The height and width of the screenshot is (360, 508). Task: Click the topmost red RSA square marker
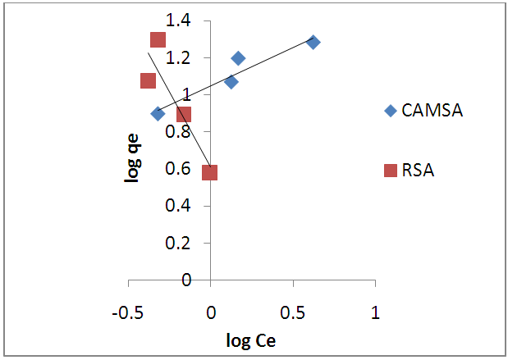tap(158, 39)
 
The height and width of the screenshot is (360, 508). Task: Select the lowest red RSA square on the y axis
tap(209, 172)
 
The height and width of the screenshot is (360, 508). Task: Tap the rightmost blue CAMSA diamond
tap(313, 42)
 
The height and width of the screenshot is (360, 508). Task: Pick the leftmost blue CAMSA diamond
tap(158, 113)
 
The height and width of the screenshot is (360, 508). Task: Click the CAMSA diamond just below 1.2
tap(238, 58)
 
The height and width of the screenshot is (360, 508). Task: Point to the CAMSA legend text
tap(432, 111)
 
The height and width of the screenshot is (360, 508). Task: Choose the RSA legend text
tap(418, 171)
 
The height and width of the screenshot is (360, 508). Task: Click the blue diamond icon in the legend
tap(391, 111)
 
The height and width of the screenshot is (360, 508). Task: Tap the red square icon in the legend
tap(391, 171)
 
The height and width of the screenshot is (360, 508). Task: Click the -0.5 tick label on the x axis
tap(129, 313)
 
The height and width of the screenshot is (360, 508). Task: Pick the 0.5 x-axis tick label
tap(293, 313)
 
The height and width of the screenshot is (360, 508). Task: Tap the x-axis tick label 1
tap(375, 313)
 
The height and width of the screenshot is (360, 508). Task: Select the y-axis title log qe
tap(131, 150)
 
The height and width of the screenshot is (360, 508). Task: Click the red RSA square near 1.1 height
tap(148, 80)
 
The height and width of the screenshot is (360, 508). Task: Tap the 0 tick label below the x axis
tap(211, 313)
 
